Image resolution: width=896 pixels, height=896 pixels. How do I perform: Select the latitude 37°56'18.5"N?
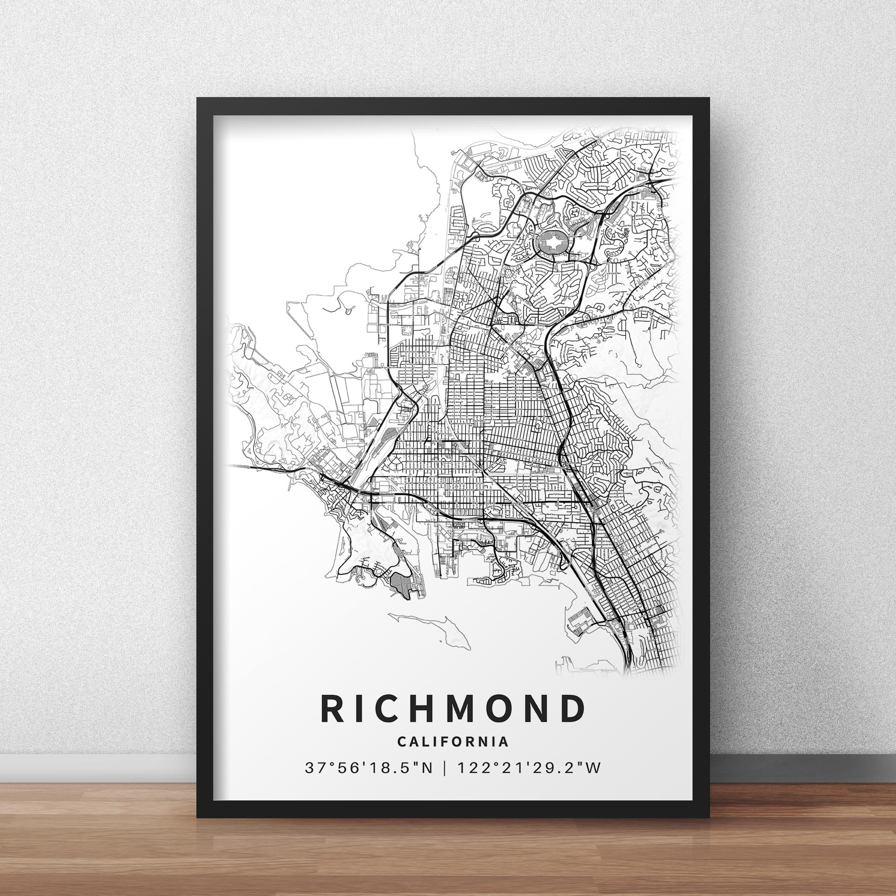[369, 768]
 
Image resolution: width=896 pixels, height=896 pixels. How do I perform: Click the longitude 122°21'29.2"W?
[529, 768]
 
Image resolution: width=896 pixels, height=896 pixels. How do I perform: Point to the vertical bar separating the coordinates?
[446, 768]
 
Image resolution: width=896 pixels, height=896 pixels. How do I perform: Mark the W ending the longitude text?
[594, 768]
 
